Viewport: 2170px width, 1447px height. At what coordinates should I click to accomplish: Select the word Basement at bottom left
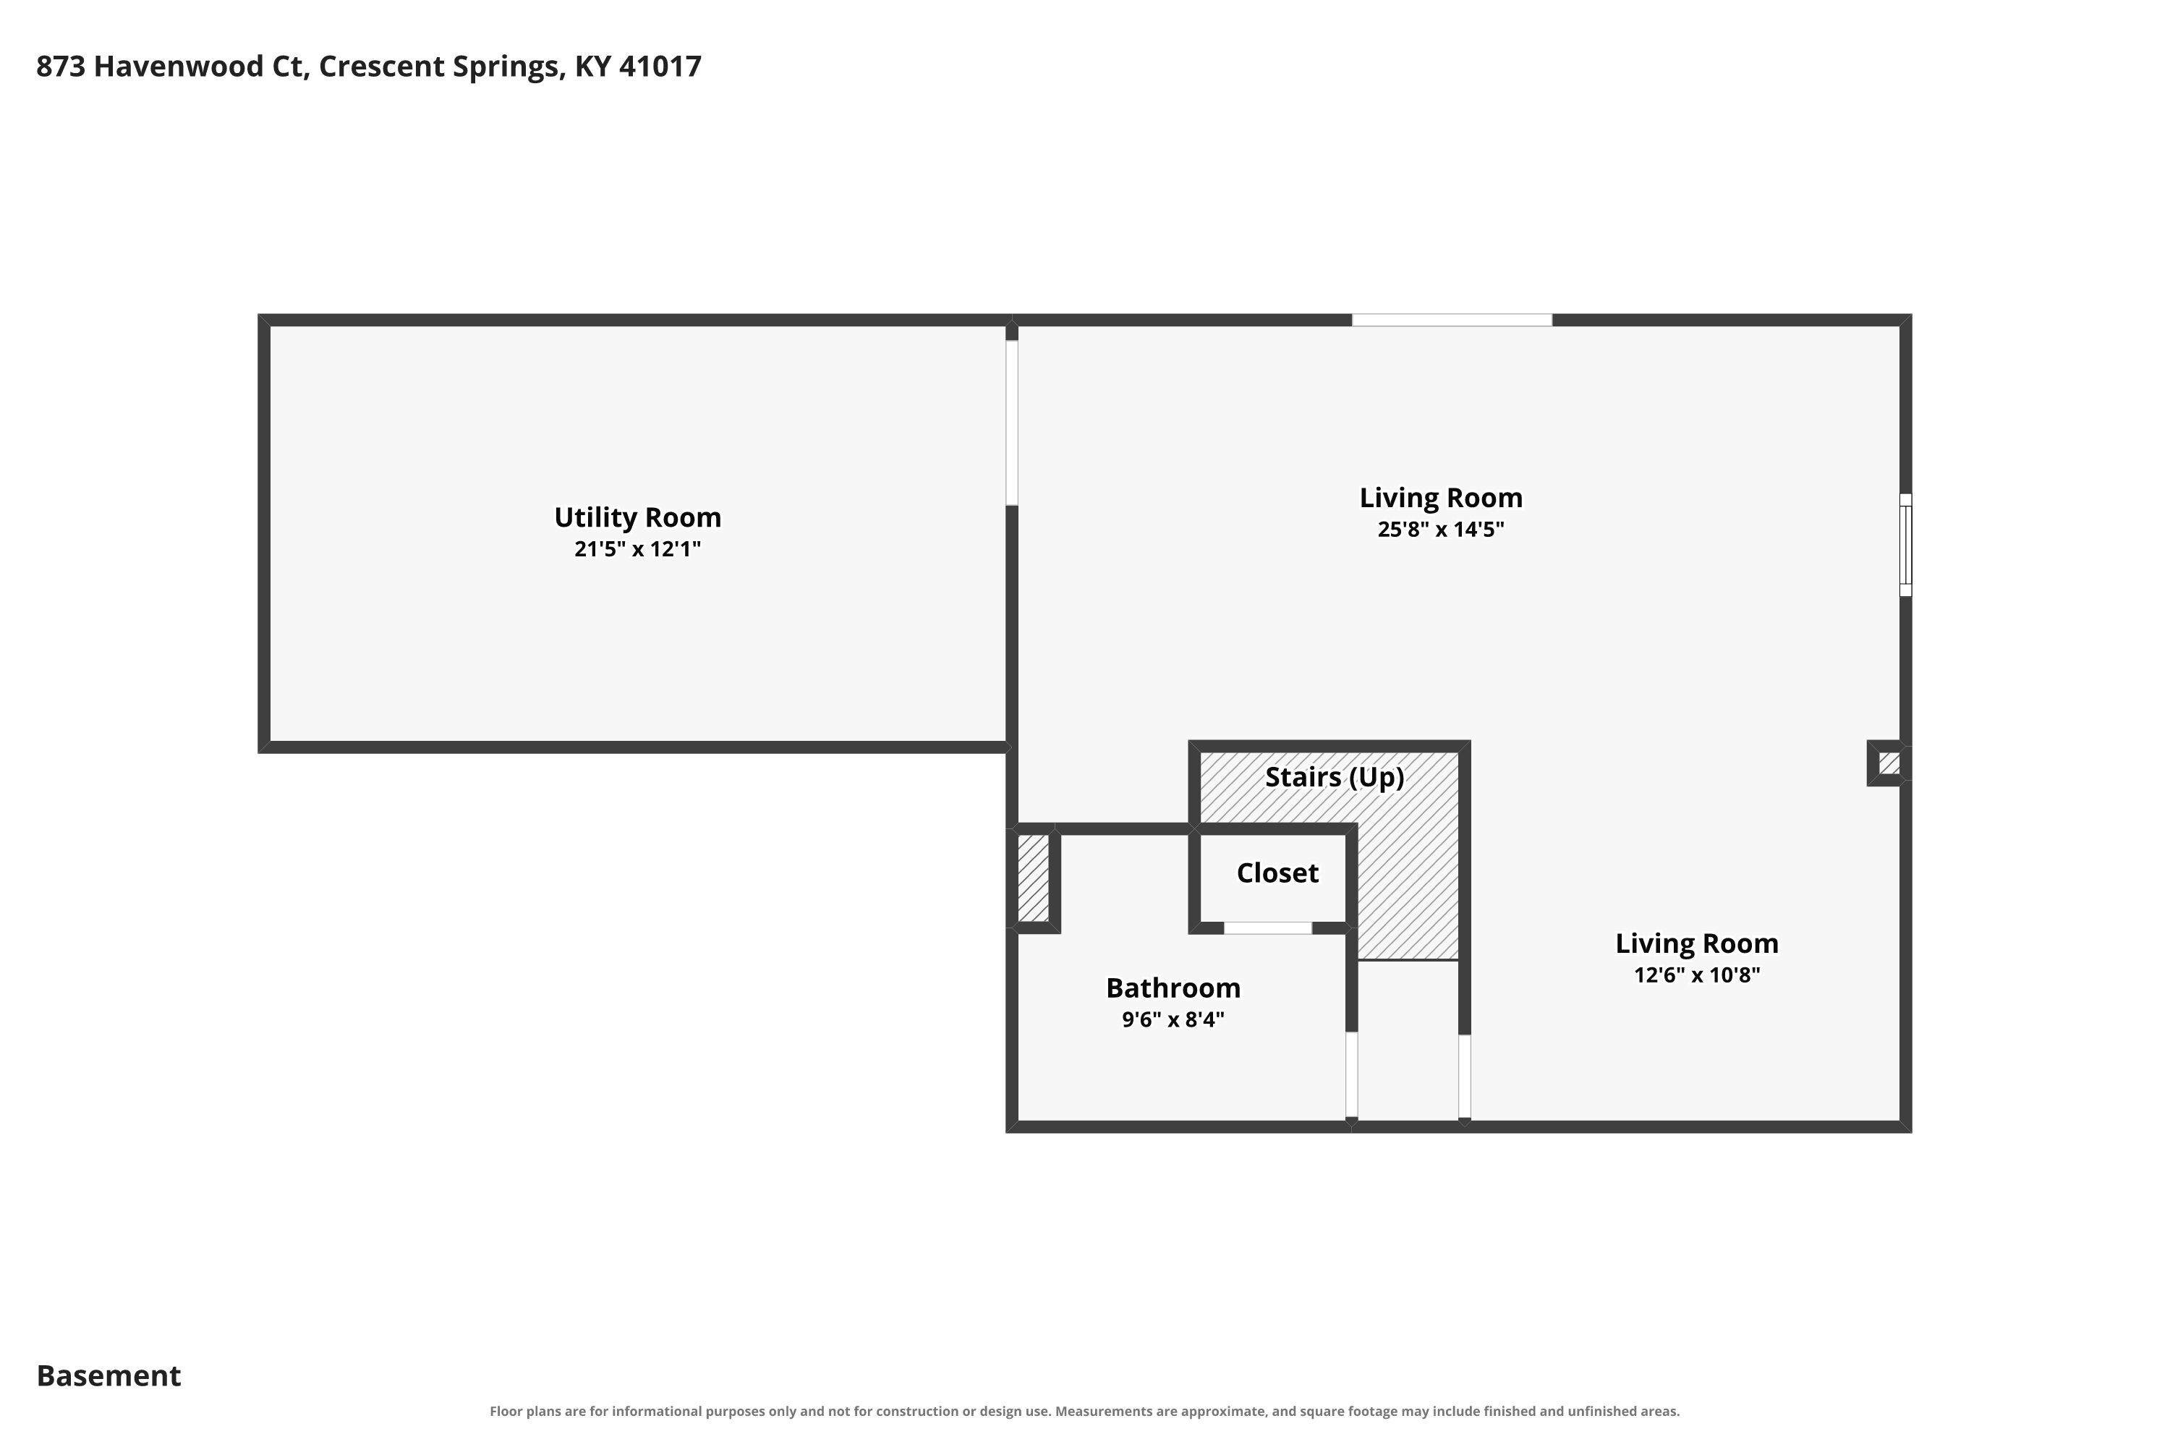click(x=109, y=1376)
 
